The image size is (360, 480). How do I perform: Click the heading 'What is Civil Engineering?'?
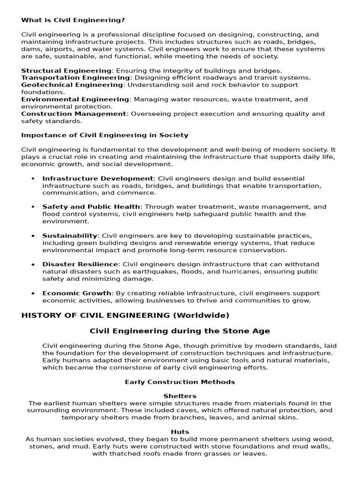click(x=73, y=20)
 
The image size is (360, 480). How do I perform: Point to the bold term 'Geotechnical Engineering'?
click(x=72, y=85)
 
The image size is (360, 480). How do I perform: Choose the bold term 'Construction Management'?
click(x=74, y=113)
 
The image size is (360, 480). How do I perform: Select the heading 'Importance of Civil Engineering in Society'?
click(x=105, y=135)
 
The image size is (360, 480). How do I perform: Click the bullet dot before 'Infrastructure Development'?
click(x=33, y=179)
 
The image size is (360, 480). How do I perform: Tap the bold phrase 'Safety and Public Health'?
click(x=91, y=207)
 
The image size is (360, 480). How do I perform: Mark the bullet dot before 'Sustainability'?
click(x=33, y=236)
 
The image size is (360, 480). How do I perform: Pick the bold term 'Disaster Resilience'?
click(x=80, y=264)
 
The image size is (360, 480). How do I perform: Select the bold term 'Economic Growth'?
click(x=77, y=293)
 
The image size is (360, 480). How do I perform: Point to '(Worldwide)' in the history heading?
click(x=202, y=315)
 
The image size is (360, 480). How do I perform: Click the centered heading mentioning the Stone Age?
click(x=180, y=331)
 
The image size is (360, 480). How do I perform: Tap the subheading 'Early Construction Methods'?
click(x=180, y=382)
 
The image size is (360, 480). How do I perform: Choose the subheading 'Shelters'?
click(x=180, y=396)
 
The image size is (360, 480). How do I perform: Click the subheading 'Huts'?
click(x=180, y=432)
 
